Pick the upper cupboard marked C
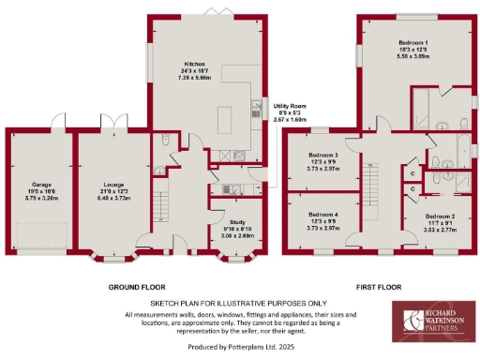(412, 171)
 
